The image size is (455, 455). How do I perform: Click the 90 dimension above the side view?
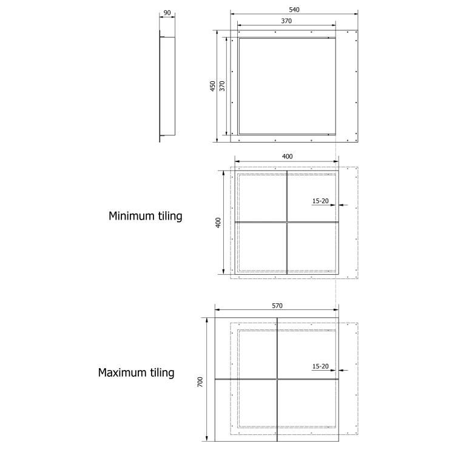pos(167,13)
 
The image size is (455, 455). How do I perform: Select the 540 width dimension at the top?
pos(294,10)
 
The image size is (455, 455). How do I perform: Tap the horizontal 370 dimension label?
pos(286,21)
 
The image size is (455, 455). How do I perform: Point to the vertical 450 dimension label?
pos(213,86)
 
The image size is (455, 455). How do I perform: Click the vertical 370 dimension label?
pos(222,86)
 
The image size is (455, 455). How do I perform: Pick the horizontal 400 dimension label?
pos(288,157)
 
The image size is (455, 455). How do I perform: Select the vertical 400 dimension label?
pos(218,223)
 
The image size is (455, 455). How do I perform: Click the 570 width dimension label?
pos(277,306)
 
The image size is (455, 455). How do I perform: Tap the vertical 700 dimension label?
pos(200,382)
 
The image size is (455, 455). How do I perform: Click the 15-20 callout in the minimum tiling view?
pos(320,201)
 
